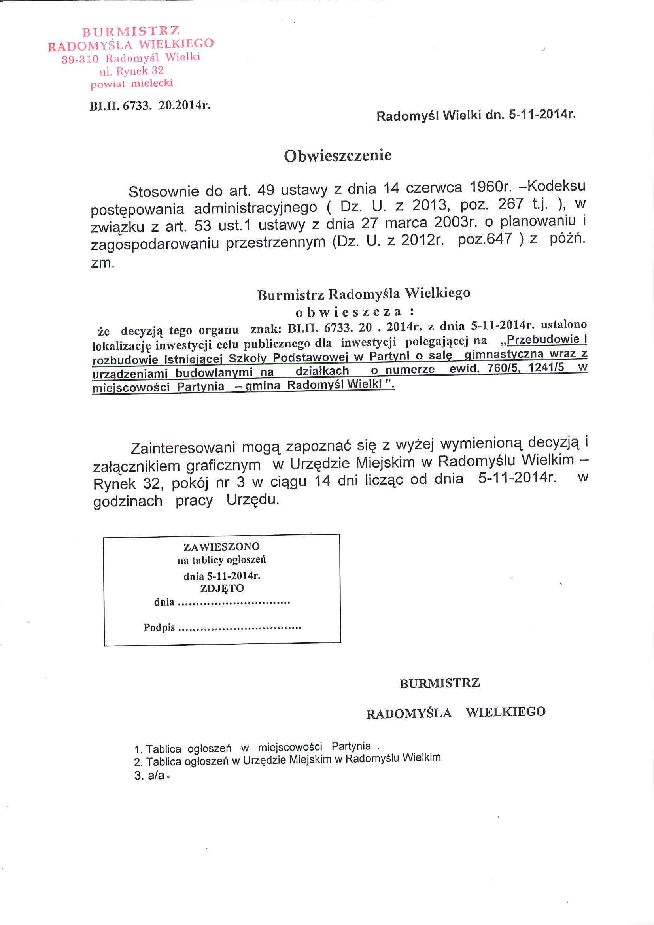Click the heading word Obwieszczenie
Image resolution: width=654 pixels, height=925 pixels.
tap(338, 156)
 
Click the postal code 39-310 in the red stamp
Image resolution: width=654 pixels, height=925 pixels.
tap(80, 60)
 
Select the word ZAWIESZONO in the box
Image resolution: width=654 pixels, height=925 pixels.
tap(222, 547)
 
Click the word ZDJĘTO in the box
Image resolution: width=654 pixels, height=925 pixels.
tap(222, 588)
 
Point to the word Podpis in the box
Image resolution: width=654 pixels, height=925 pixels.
tap(159, 628)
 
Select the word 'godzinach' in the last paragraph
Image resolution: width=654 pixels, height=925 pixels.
tap(128, 501)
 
